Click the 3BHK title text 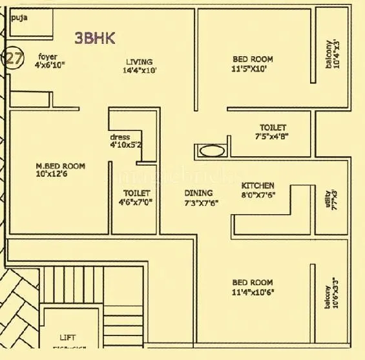(x=95, y=38)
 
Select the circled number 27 (x=14, y=59)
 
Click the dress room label (x=121, y=137)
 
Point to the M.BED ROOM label (x=60, y=166)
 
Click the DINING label (x=198, y=193)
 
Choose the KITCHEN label (x=258, y=186)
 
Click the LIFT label (x=67, y=337)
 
